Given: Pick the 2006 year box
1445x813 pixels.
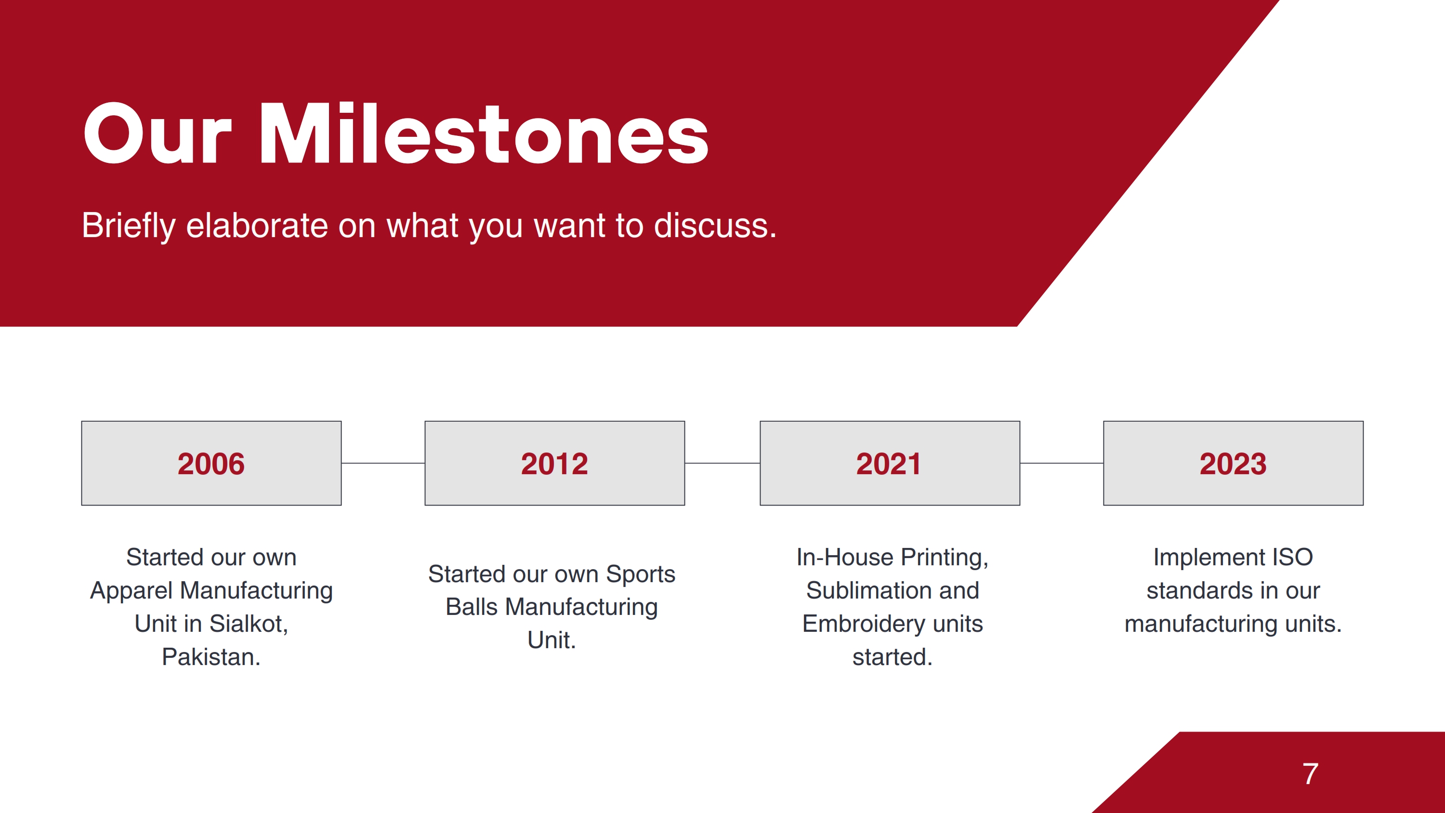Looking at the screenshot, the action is tap(211, 464).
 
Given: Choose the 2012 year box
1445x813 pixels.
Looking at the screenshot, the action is tap(555, 464).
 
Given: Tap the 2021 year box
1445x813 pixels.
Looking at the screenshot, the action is tap(890, 464).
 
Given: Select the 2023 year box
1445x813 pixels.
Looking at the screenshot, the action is tap(1233, 464).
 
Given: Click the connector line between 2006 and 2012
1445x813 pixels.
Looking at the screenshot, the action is tap(383, 464).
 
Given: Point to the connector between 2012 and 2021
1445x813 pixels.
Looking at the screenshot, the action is tap(722, 464).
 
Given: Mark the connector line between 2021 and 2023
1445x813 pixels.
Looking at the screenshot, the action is tap(1062, 464).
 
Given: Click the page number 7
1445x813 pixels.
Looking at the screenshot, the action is tap(1310, 774).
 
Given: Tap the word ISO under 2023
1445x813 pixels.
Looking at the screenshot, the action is tap(1292, 558).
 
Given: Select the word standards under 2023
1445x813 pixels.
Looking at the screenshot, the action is tap(1195, 591).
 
